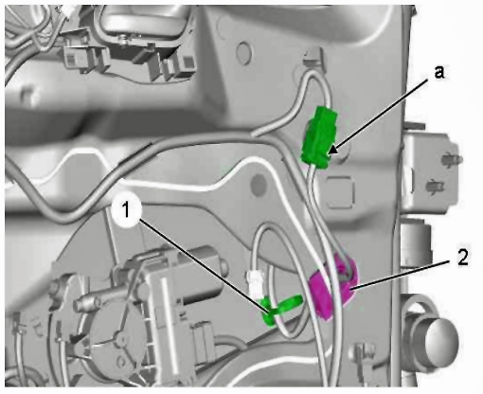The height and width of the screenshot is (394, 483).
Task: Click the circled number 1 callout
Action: point(126,211)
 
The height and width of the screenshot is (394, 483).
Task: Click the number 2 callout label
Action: point(463,258)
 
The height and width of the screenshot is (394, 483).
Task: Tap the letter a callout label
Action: point(439,72)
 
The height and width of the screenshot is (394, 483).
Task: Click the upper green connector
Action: point(319,137)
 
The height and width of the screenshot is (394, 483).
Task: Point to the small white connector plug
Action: point(255,282)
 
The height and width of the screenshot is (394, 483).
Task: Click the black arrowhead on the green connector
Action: point(333,150)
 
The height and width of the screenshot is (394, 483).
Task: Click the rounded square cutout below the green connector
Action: point(340,192)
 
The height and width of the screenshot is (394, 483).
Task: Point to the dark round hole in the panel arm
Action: point(259,184)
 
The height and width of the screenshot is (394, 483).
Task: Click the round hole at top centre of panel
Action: point(243,51)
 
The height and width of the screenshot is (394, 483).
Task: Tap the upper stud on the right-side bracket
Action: point(453,158)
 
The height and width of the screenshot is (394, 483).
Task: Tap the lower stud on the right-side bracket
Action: point(435,187)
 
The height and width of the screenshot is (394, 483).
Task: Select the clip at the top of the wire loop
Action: point(313,57)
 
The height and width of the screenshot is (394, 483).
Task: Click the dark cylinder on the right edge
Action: point(416,242)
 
